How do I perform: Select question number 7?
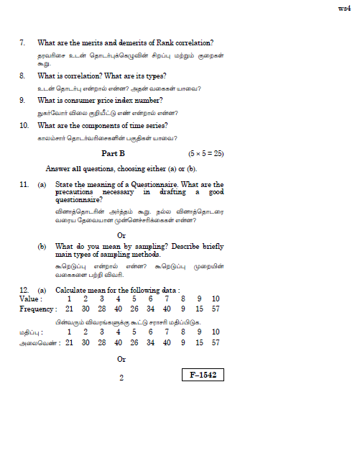[x=22, y=44]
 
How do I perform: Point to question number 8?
[x=22, y=76]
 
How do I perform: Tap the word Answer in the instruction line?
[x=58, y=169]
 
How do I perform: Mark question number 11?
[x=24, y=185]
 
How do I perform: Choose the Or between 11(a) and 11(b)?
[x=121, y=234]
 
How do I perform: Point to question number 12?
[x=24, y=289]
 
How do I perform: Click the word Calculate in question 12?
[x=74, y=289]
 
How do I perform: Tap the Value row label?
[x=31, y=299]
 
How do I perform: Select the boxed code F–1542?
[x=203, y=375]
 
